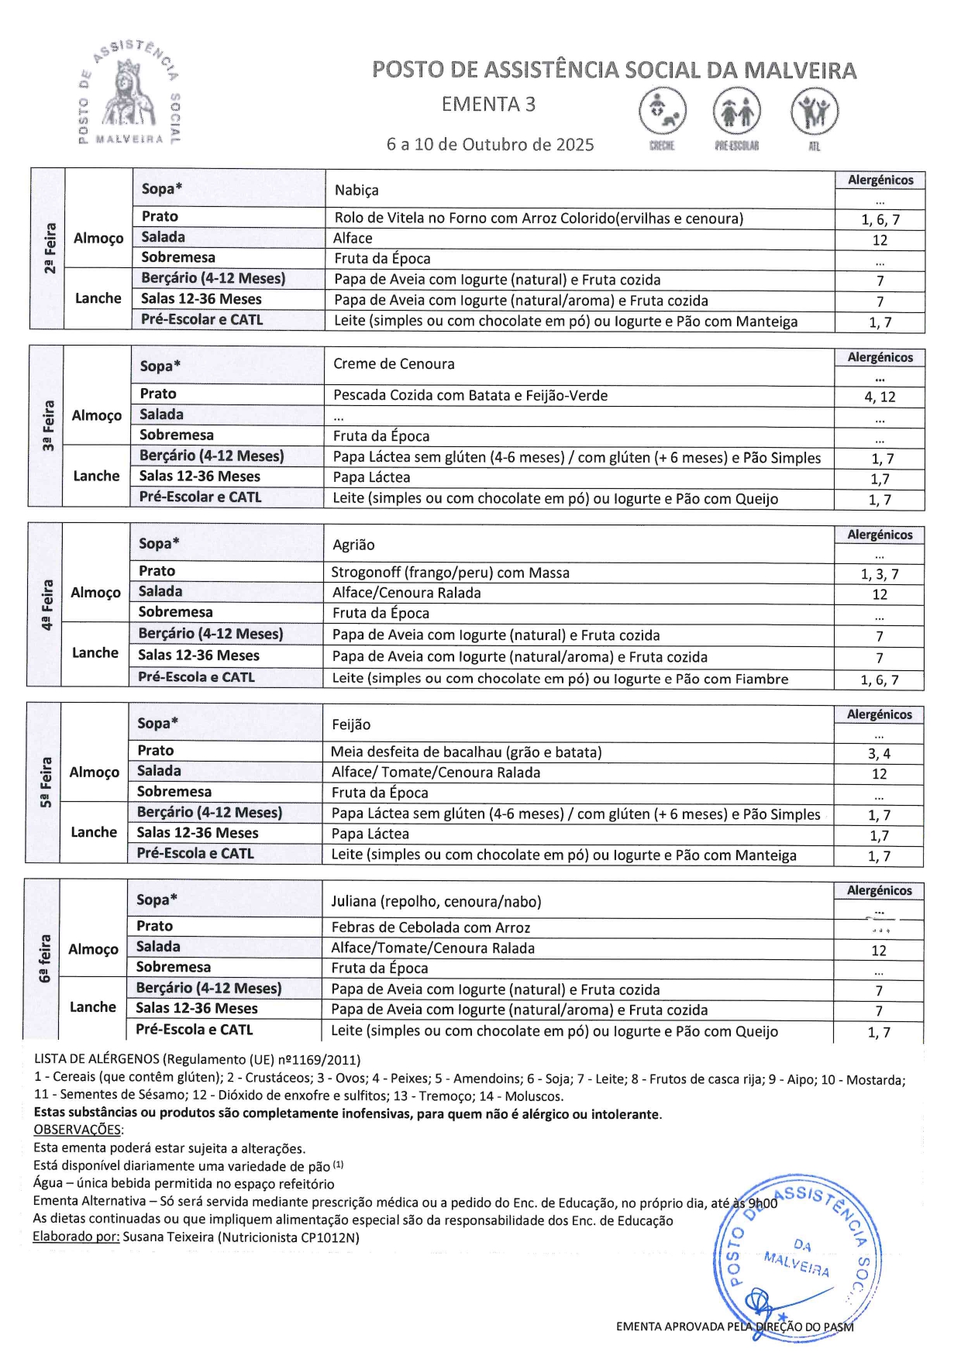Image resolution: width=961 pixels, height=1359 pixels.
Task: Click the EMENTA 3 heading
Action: [x=488, y=105]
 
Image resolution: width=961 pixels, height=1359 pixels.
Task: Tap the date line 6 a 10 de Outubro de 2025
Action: [x=490, y=145]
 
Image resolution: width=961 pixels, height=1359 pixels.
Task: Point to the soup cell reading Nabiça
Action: [x=356, y=191]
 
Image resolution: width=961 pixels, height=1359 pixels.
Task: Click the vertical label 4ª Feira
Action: [x=47, y=605]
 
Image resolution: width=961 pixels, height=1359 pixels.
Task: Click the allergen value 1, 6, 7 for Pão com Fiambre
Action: [x=880, y=680]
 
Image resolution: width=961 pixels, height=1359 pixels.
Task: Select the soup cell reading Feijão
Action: [x=351, y=725]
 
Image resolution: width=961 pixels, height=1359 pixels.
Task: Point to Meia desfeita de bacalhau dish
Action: [x=466, y=752]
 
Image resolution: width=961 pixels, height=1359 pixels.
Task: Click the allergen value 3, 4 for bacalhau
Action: [x=879, y=754]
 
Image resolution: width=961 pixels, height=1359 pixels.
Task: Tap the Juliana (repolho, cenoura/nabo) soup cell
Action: [x=436, y=902]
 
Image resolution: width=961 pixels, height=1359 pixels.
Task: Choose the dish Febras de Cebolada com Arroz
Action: [x=431, y=928]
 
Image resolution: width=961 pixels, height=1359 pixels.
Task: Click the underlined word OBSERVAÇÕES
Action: [x=77, y=1130]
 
